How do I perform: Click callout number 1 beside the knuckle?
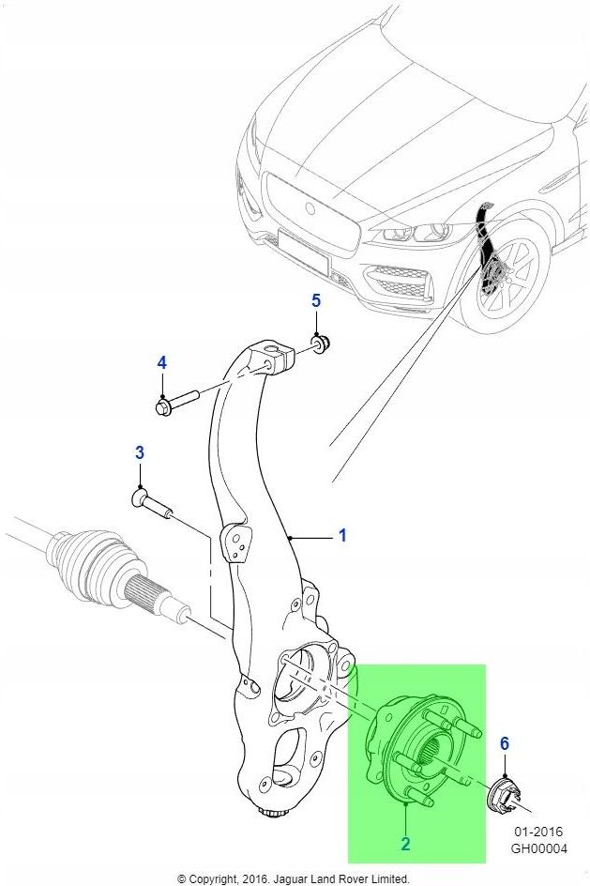pos(342,536)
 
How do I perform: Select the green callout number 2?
pos(405,844)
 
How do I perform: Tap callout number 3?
pos(139,453)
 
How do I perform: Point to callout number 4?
pos(161,362)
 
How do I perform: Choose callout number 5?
pos(316,300)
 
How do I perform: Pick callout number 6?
pos(504,744)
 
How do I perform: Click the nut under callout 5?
pos(320,344)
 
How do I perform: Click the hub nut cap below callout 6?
pos(505,795)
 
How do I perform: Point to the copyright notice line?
pos(294,878)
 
